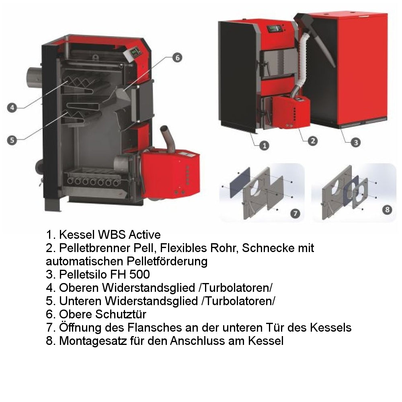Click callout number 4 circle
pos(12,107)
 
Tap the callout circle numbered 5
pos(12,139)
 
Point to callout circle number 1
pos(264,145)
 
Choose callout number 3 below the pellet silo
pos(355,142)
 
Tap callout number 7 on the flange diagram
pos(295,213)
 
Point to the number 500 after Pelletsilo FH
pos(139,275)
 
